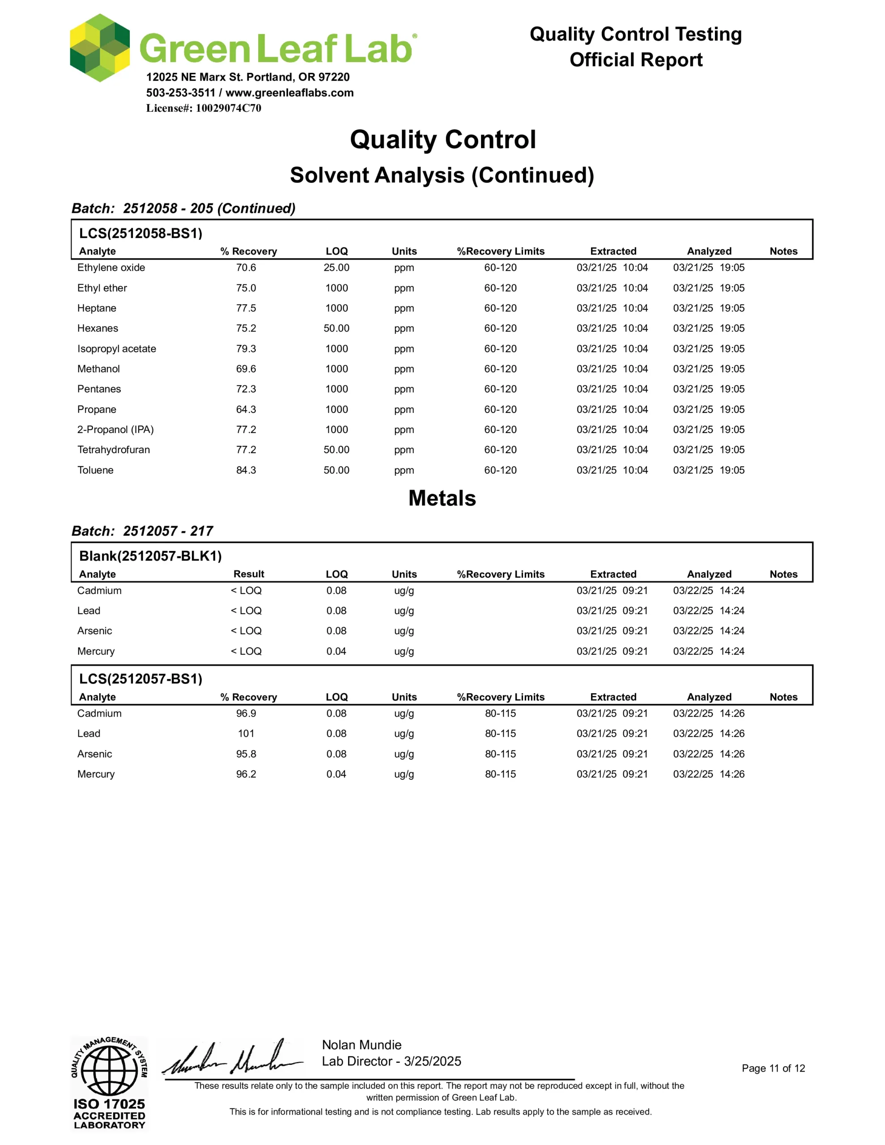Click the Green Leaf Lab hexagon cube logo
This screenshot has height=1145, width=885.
pyautogui.click(x=100, y=48)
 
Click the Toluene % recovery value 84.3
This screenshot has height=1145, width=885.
pyautogui.click(x=246, y=470)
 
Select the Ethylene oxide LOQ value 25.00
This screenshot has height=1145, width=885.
pyautogui.click(x=336, y=267)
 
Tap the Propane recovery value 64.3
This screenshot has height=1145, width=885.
pyautogui.click(x=246, y=409)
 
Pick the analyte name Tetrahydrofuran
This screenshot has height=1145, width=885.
pyautogui.click(x=113, y=450)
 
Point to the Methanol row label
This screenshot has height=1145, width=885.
pyautogui.click(x=98, y=369)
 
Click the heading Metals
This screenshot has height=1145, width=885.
pyautogui.click(x=442, y=498)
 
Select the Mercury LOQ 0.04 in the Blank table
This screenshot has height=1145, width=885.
pyautogui.click(x=336, y=651)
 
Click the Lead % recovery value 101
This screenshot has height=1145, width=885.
pyautogui.click(x=246, y=734)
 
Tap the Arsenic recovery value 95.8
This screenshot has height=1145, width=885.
pyautogui.click(x=246, y=754)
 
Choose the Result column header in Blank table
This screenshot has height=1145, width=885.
pyautogui.click(x=249, y=574)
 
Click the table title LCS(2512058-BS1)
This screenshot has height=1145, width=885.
pyautogui.click(x=140, y=233)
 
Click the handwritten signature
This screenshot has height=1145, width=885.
pyautogui.click(x=234, y=1059)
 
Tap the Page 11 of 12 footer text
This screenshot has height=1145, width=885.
pyautogui.click(x=773, y=1069)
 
